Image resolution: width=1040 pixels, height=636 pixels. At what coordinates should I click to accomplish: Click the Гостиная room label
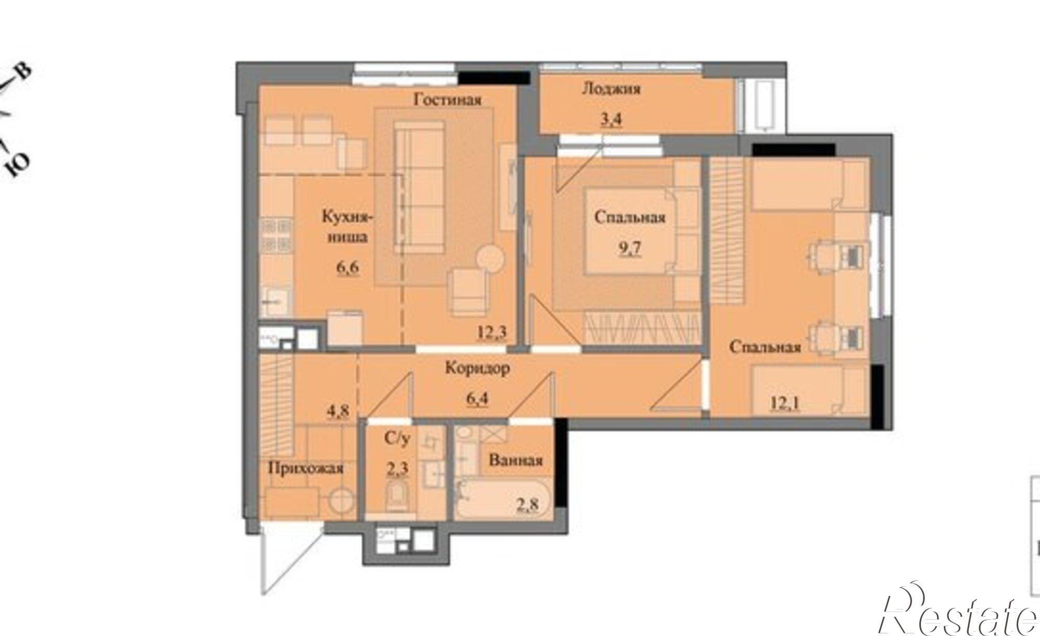[x=447, y=99]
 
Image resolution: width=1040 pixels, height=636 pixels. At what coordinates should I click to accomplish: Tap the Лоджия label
[x=610, y=88]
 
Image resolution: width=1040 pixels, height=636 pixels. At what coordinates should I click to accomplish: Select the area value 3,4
[x=610, y=120]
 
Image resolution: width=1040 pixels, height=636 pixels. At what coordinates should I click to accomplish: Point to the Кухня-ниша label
[x=347, y=227]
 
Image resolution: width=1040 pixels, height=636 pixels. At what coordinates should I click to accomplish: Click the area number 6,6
[x=348, y=269]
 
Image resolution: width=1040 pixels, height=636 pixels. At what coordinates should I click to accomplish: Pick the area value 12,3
[x=492, y=332]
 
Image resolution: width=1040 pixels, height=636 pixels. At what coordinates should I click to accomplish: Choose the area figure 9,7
[x=629, y=249]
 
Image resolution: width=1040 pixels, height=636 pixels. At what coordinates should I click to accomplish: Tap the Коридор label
[x=477, y=368]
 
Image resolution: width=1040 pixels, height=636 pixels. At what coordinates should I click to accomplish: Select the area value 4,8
[x=337, y=411]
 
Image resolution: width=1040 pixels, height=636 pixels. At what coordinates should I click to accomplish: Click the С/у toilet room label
[x=397, y=439]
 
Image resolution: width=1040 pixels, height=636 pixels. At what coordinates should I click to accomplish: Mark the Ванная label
[x=516, y=460]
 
